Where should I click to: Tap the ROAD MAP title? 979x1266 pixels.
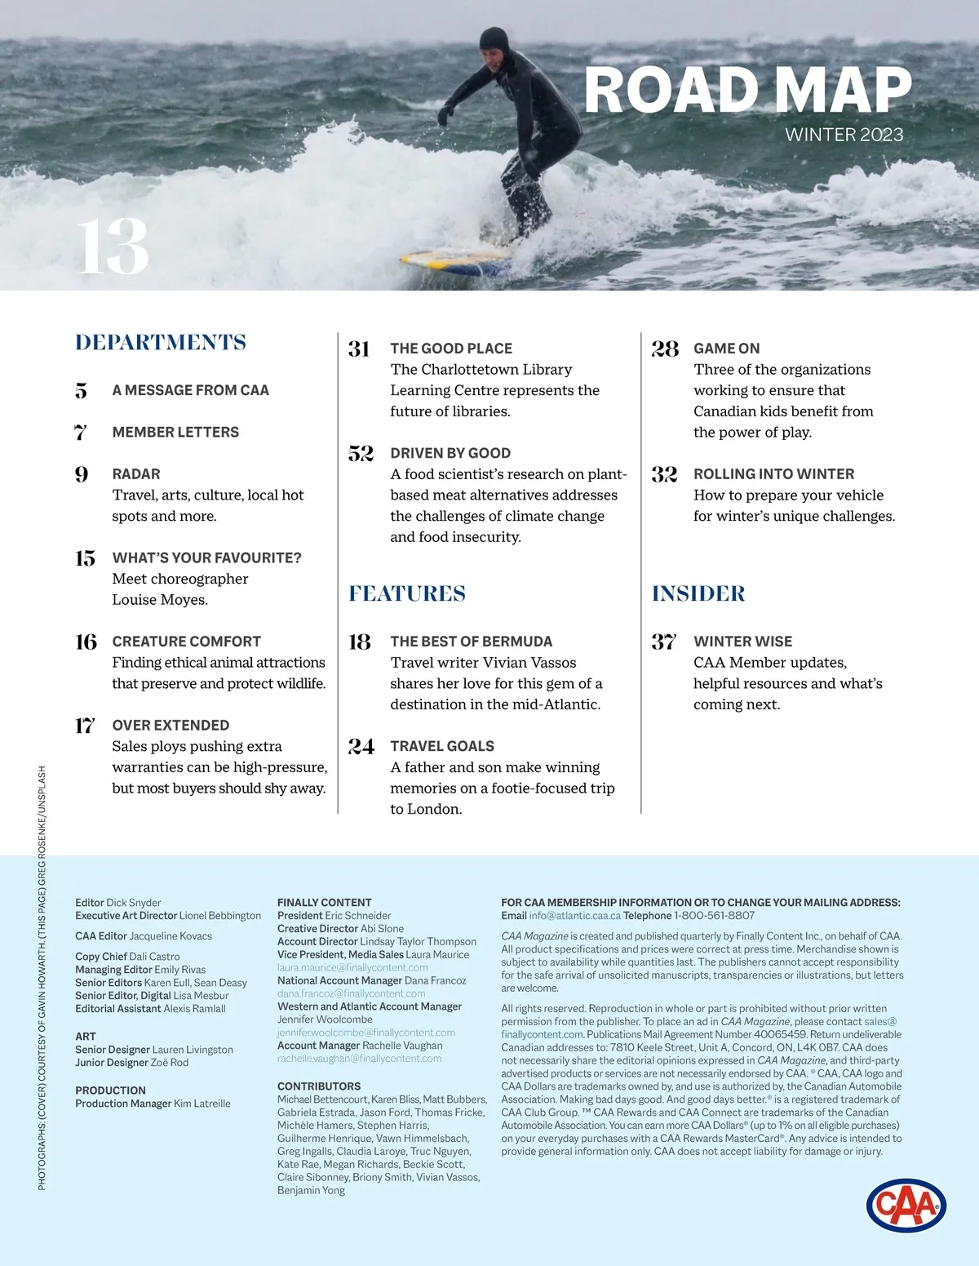747,90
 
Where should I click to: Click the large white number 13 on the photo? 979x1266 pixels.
113,247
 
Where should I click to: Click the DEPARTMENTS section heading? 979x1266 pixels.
161,342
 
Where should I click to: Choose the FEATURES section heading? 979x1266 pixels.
407,593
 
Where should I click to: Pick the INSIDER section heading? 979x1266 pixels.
698,593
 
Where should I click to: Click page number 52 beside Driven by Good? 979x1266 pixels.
361,453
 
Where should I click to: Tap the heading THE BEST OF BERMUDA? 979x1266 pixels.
471,642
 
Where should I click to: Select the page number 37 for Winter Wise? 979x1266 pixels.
664,642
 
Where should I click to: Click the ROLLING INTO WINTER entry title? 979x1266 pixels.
773,474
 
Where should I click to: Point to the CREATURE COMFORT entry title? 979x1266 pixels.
186,642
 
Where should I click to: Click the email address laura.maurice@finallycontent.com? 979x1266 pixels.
352,967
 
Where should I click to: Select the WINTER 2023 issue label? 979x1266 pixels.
844,135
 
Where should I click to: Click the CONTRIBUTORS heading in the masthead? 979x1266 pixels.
319,1086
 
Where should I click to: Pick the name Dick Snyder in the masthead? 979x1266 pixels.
134,903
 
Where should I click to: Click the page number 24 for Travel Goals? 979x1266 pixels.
361,746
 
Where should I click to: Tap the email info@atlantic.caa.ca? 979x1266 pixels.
574,915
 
